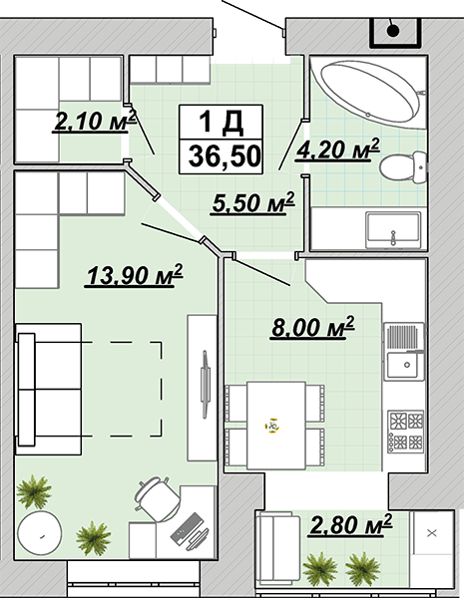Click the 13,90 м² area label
tap(135, 274)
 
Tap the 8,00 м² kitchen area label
tap(313, 327)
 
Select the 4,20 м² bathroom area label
tap(338, 149)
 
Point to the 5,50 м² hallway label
tap(253, 202)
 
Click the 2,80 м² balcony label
tap(351, 524)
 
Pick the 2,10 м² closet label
tap(95, 121)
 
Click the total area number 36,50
tap(225, 155)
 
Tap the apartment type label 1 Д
tap(222, 122)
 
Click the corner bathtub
tap(369, 93)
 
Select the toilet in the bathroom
tap(402, 167)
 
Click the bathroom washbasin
tap(393, 230)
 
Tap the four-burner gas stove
tap(405, 432)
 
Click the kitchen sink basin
tap(403, 365)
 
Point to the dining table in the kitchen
tap(275, 426)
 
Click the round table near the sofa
tap(39, 533)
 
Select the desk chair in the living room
tap(157, 498)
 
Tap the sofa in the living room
tap(48, 389)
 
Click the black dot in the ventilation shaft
tap(393, 31)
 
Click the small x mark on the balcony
tap(432, 533)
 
